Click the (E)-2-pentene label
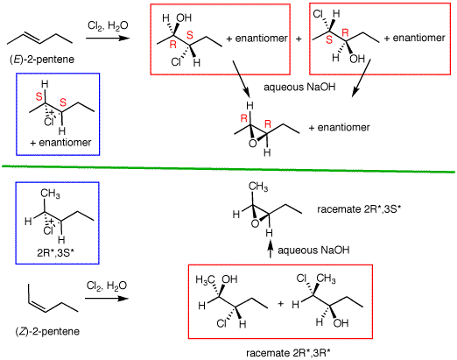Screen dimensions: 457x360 pyautogui.click(x=42, y=60)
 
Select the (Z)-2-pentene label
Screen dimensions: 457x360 pyautogui.click(x=47, y=332)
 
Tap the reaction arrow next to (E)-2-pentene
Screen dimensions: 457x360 pyautogui.click(x=108, y=39)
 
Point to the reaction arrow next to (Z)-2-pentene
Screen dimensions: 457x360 pyautogui.click(x=107, y=298)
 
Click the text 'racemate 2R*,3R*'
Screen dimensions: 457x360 pyautogui.click(x=288, y=353)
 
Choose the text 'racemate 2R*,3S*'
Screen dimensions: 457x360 pyautogui.click(x=359, y=209)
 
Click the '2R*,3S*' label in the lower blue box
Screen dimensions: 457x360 pyautogui.click(x=55, y=253)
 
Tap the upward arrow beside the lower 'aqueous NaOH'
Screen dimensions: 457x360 pyautogui.click(x=271, y=250)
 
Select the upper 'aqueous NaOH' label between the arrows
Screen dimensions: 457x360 pyautogui.click(x=299, y=87)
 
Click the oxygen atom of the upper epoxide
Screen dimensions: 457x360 pyautogui.click(x=253, y=144)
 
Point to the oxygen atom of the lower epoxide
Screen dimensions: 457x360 pyautogui.click(x=255, y=223)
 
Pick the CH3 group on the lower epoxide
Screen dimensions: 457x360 pyautogui.click(x=258, y=187)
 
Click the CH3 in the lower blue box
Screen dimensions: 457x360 pyautogui.click(x=50, y=194)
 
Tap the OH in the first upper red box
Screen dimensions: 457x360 pyautogui.click(x=184, y=18)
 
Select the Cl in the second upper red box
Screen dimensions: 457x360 pyautogui.click(x=318, y=14)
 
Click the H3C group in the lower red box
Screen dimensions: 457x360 pyautogui.click(x=206, y=279)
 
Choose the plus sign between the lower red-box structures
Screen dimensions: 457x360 pyautogui.click(x=281, y=304)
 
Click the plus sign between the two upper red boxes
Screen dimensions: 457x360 pyautogui.click(x=299, y=39)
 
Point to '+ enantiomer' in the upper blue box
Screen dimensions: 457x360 pyautogui.click(x=60, y=143)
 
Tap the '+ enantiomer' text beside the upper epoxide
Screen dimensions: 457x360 pyautogui.click(x=340, y=128)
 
